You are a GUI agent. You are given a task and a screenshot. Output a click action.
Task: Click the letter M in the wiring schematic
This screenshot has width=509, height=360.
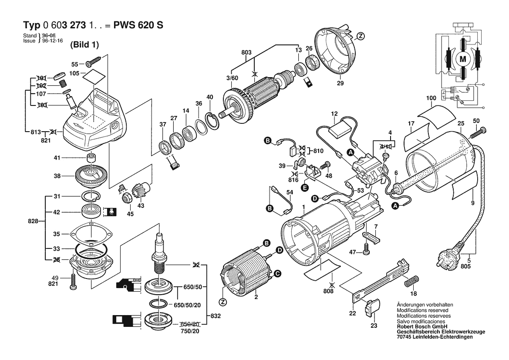tap(462, 59)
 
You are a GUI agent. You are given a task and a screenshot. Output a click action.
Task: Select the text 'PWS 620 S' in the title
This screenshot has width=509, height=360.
tap(138, 25)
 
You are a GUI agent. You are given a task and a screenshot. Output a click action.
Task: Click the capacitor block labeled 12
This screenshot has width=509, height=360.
tap(342, 130)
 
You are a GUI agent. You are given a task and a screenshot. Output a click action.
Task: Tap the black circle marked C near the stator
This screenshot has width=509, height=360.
tap(277, 274)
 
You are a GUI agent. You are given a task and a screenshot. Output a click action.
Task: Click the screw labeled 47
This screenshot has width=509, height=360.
tap(367, 251)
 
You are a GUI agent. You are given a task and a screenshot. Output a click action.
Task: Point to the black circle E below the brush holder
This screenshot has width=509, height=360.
tap(304, 187)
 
